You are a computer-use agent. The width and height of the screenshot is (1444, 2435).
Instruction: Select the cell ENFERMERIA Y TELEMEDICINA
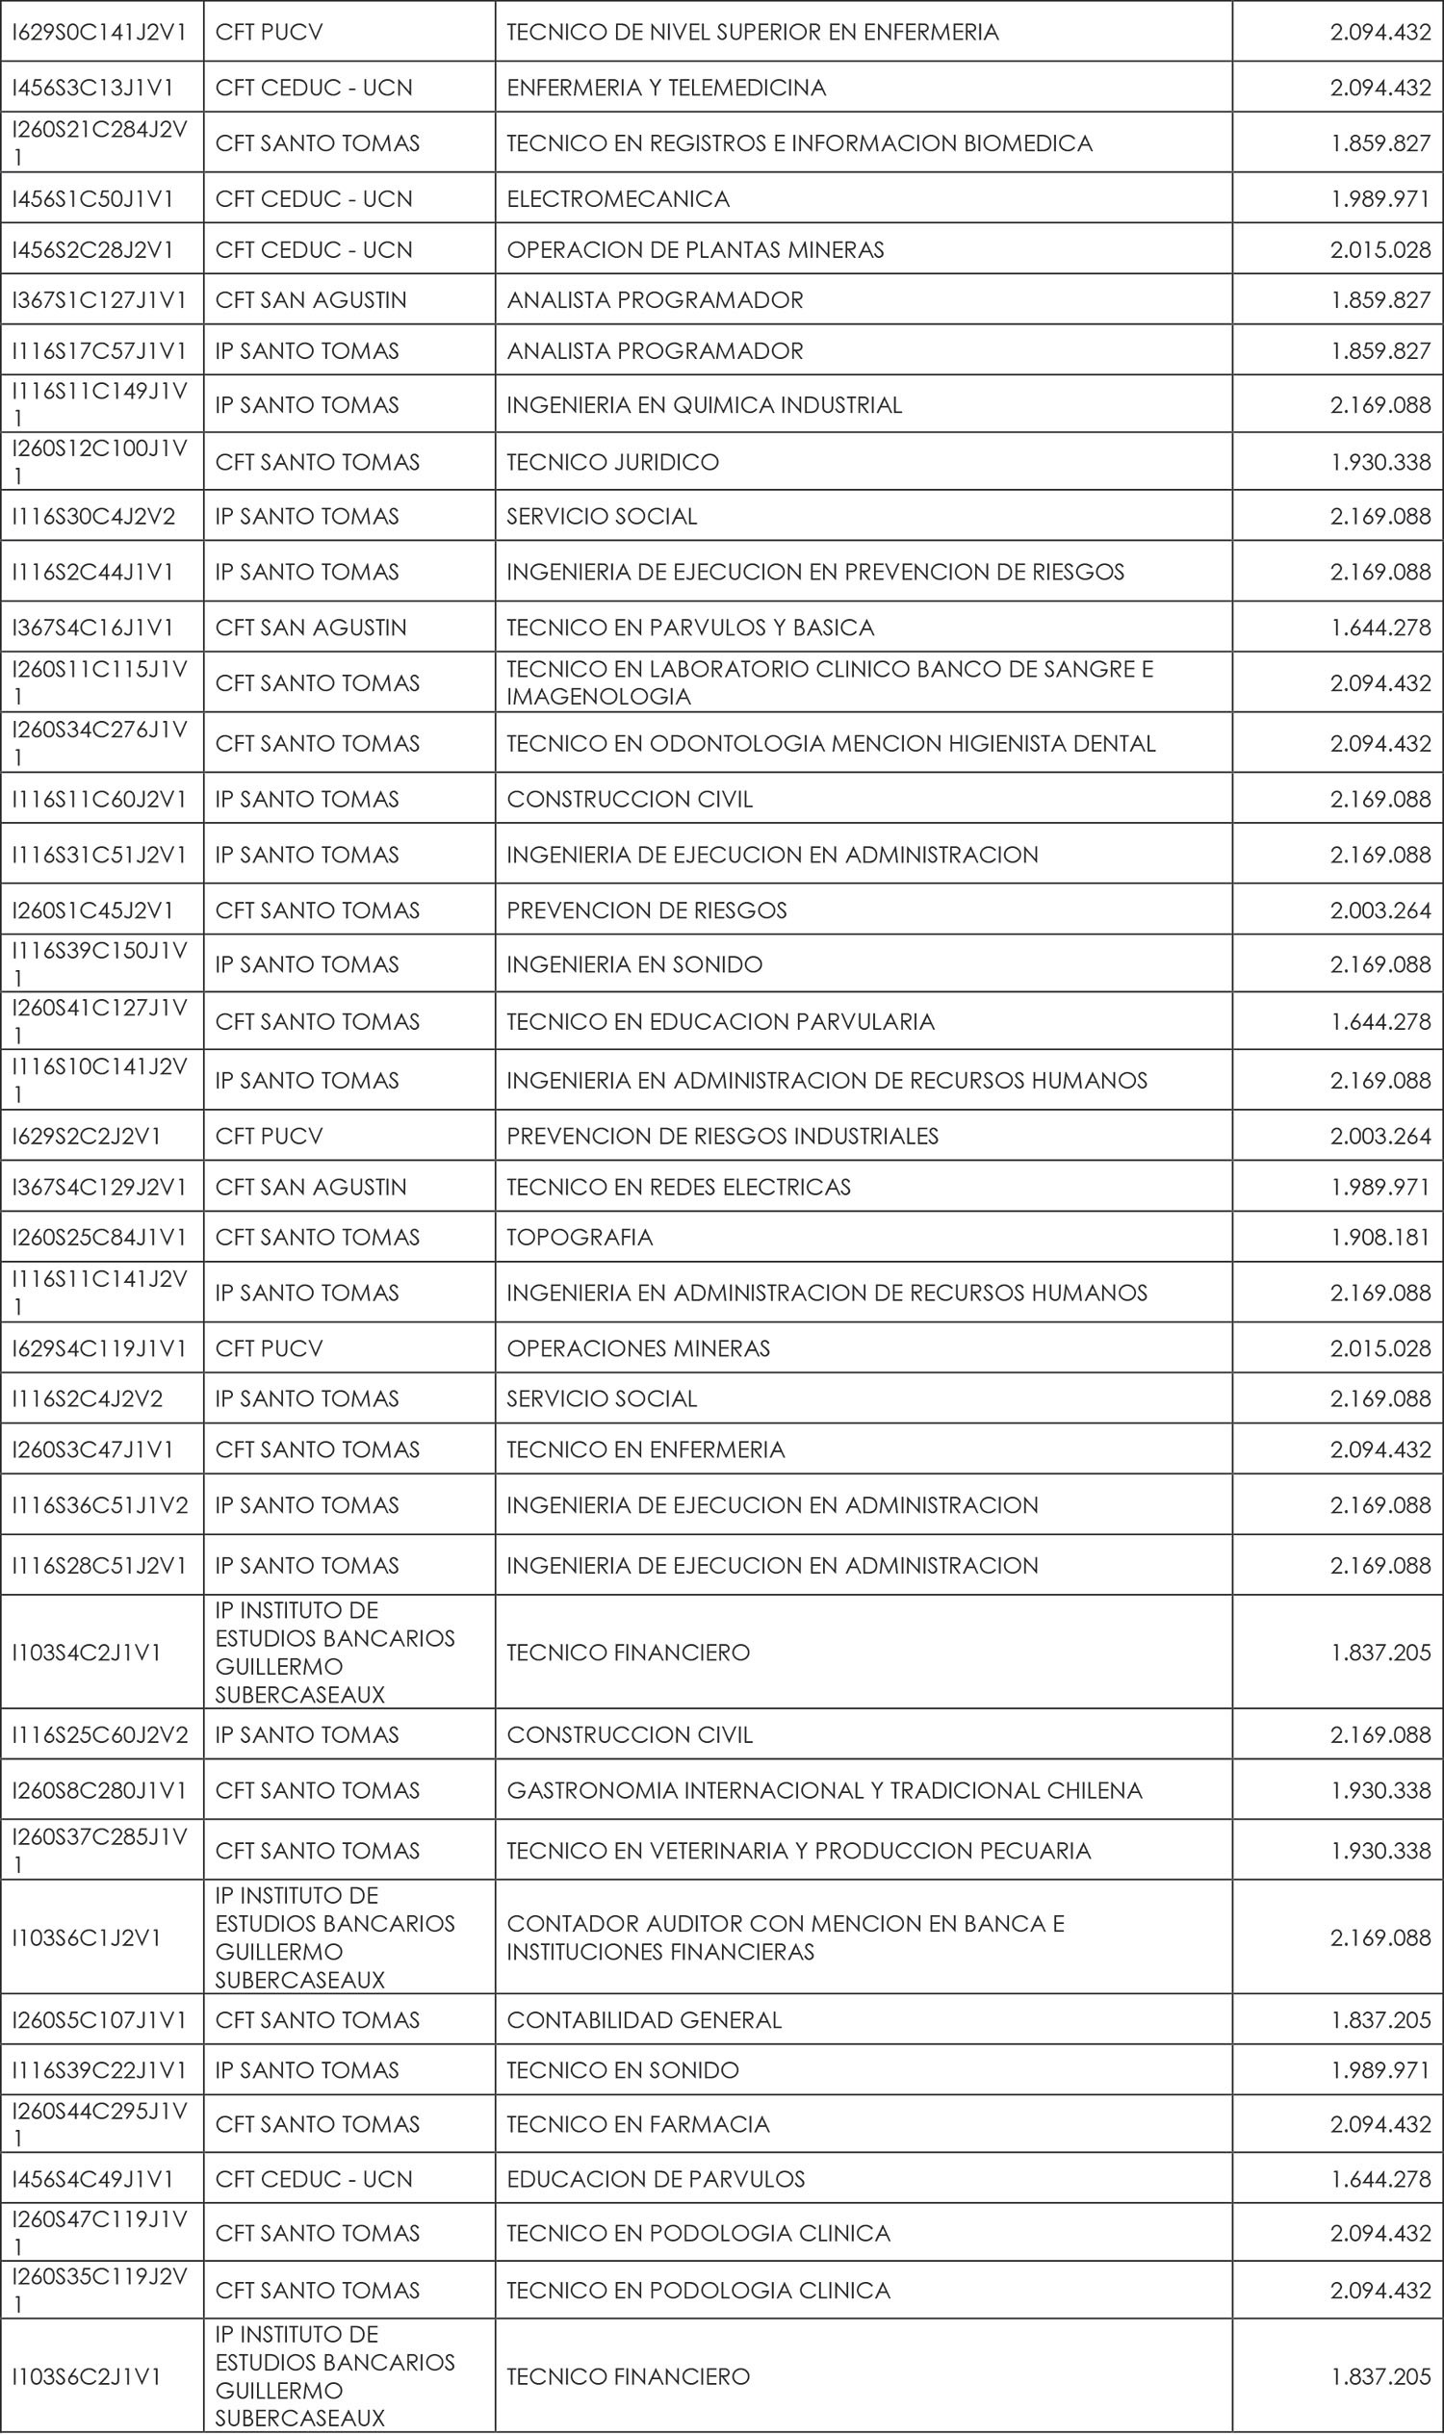[665, 88]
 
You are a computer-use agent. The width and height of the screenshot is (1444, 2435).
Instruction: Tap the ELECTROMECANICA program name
[618, 198]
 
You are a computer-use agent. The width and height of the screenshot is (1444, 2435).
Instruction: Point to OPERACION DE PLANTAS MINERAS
[695, 250]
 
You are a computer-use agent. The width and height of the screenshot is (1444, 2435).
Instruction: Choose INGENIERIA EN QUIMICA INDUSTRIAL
[704, 404]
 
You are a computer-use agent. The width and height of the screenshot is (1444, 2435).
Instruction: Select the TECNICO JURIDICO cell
[612, 462]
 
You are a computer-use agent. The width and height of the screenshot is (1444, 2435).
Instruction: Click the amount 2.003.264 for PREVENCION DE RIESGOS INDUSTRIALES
[1380, 1136]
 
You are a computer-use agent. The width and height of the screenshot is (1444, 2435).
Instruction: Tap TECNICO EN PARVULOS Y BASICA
[690, 628]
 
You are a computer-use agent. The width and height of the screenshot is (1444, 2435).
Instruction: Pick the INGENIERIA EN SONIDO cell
[634, 964]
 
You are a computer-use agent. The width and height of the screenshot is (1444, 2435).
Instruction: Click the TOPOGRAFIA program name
[579, 1237]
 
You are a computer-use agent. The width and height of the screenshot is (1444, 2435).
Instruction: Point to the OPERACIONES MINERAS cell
[637, 1348]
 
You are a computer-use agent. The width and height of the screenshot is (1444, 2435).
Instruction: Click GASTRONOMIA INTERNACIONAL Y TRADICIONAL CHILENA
[824, 1790]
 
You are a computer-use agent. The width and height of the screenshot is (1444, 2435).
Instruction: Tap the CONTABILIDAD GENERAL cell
[644, 2019]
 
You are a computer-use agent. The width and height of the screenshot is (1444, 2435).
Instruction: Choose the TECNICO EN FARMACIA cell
[637, 2124]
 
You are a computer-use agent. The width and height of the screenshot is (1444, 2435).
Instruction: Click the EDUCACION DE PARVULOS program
[655, 2179]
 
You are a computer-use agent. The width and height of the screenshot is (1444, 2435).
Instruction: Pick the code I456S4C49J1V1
[92, 2179]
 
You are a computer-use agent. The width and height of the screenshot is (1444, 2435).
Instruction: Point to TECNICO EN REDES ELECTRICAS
[679, 1187]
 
